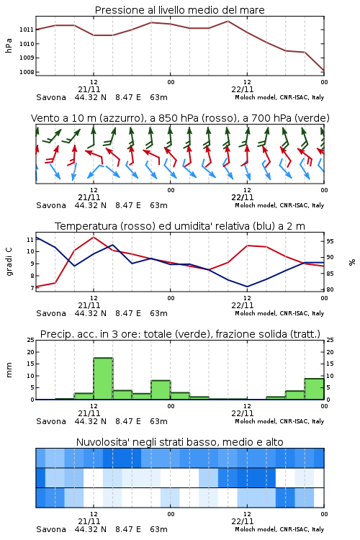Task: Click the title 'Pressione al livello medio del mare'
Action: [x=179, y=10]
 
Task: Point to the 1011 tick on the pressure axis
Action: [x=26, y=30]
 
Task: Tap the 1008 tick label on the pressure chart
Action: [x=26, y=72]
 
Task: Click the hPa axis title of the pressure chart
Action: [x=9, y=45]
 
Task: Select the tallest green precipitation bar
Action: [x=104, y=379]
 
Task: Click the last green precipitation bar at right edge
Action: [x=314, y=389]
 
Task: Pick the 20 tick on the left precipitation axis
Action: [x=31, y=352]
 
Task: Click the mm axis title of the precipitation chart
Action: [x=9, y=370]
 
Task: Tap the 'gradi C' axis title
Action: [x=9, y=261]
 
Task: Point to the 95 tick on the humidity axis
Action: [x=330, y=241]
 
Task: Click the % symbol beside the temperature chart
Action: [x=352, y=262]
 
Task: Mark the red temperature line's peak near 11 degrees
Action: [x=94, y=237]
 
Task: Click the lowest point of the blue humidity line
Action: [x=247, y=287]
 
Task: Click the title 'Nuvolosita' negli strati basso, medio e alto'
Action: [x=179, y=442]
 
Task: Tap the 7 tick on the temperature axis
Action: [x=32, y=288]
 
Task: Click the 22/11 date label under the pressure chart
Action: [x=243, y=89]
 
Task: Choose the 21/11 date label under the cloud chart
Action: [x=89, y=521]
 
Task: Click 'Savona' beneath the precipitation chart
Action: [x=51, y=421]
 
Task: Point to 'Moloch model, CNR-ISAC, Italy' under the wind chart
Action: [x=279, y=205]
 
